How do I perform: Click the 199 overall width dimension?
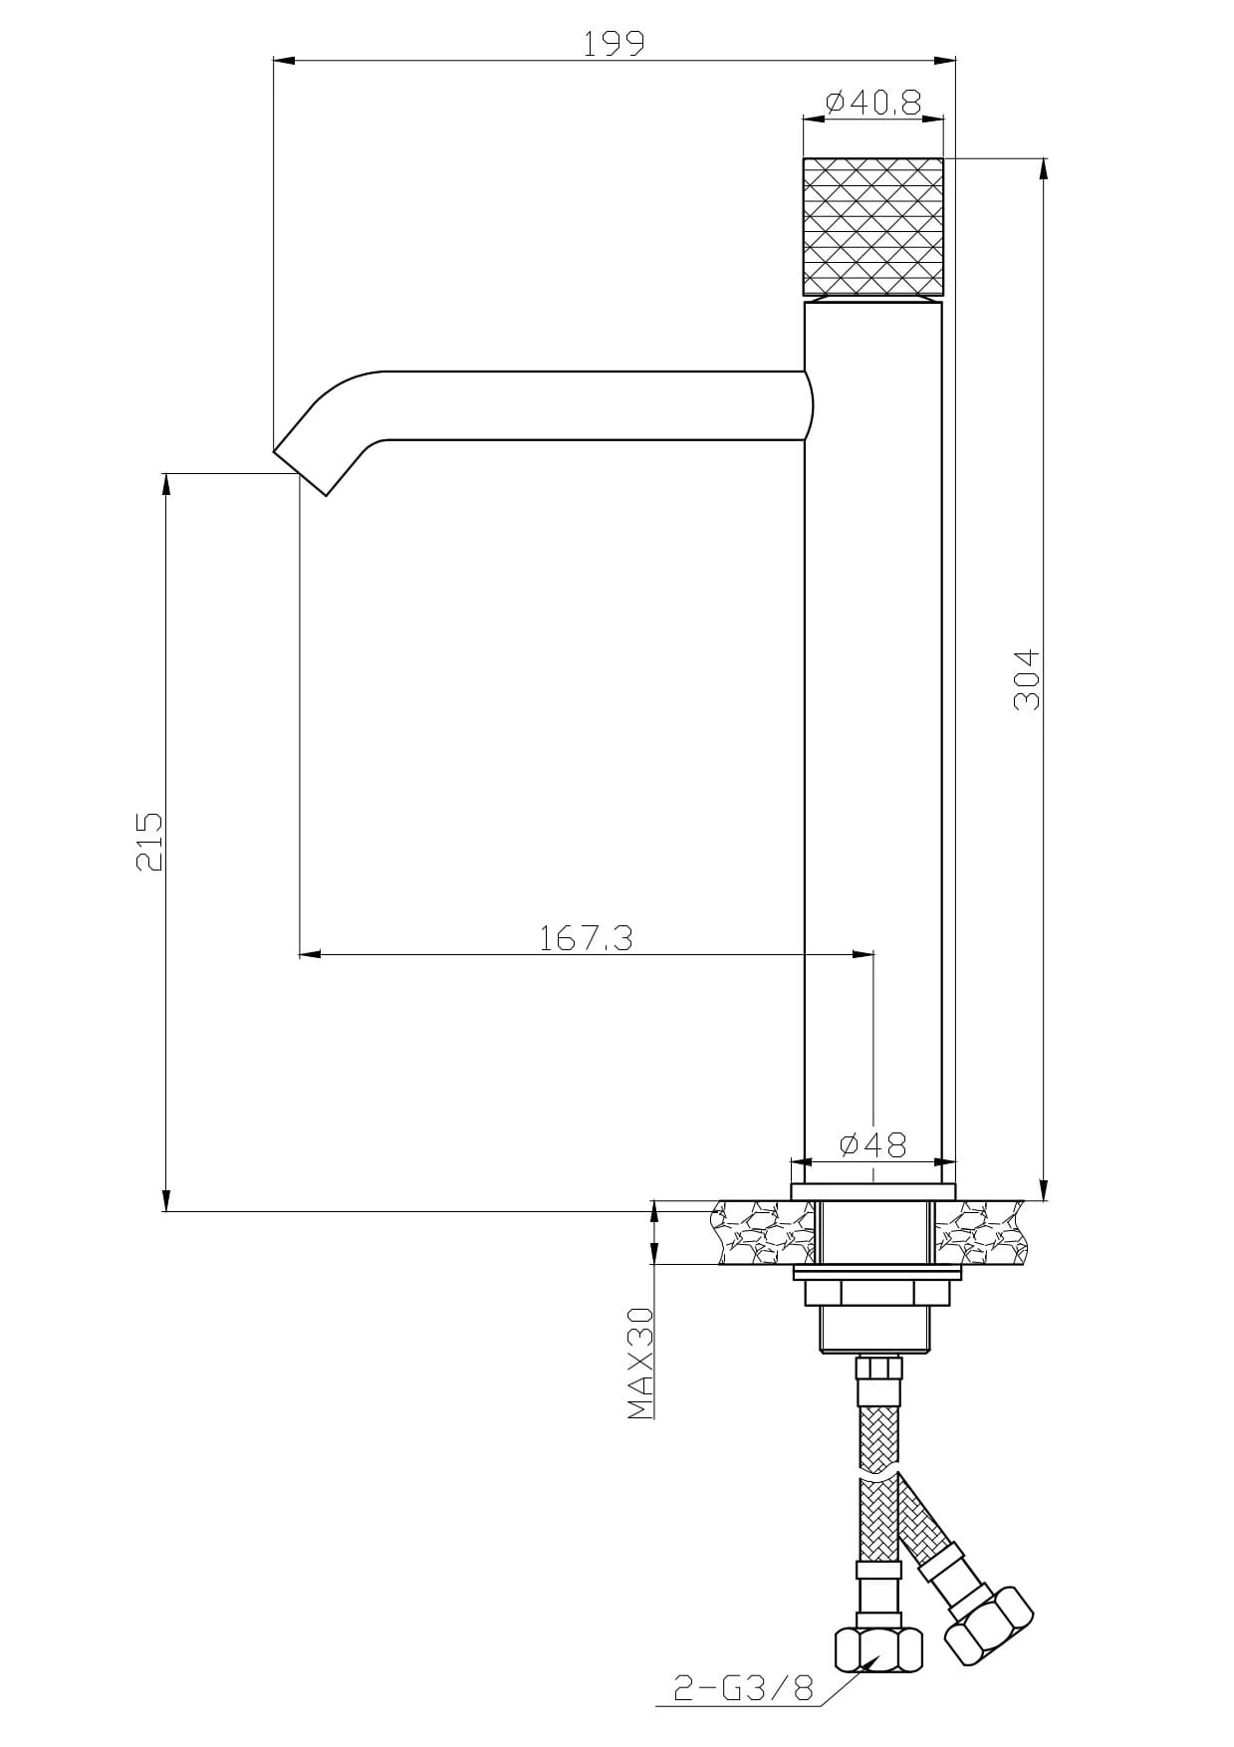point(615,43)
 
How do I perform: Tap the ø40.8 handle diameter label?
point(873,102)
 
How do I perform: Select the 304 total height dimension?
point(1027,679)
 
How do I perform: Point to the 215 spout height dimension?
point(148,842)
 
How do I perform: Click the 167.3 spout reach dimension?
point(587,938)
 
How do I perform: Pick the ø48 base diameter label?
point(873,1145)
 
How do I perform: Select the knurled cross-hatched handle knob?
point(872,226)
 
